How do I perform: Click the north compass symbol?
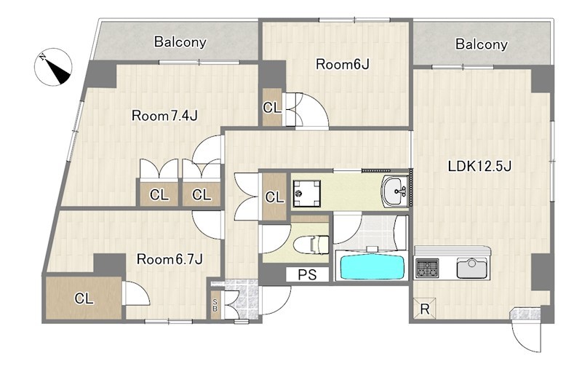coord(52,67)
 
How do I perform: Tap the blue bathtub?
coord(372,266)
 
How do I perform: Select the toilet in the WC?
coord(311,245)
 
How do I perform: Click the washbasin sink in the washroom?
coord(395,191)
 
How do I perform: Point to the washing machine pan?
coord(306,193)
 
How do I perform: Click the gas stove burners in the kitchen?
coord(427,268)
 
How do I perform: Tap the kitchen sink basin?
coord(471,268)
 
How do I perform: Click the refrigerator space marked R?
coord(425,308)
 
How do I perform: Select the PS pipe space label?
coord(308,274)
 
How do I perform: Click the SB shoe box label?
coord(215,305)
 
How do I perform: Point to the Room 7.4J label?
coord(164,116)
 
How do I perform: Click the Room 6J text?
coord(342,65)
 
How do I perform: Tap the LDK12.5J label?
coord(479,167)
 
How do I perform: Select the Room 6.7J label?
coord(170,259)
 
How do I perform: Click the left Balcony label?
coord(180,42)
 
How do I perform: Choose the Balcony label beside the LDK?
coord(482,44)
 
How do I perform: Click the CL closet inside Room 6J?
coord(272,108)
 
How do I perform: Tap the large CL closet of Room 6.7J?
coord(84,298)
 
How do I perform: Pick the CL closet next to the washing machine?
coord(274,197)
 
